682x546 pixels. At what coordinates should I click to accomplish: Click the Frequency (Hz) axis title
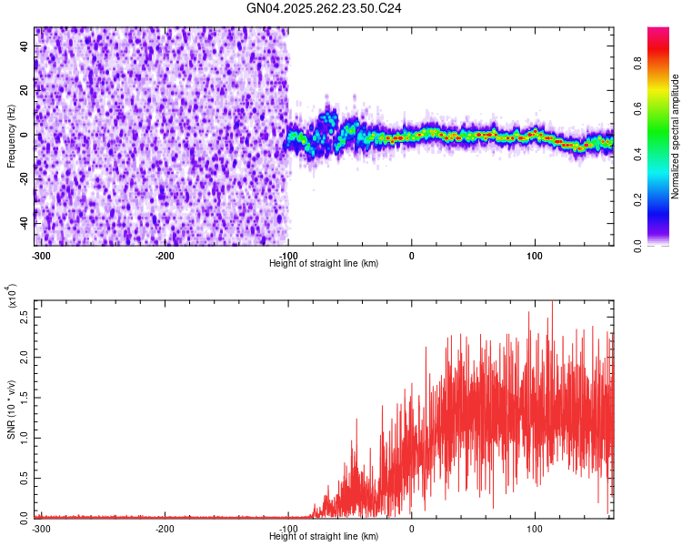point(12,136)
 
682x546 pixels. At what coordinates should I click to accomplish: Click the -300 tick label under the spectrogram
point(41,256)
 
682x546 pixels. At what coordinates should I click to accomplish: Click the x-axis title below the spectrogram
point(324,264)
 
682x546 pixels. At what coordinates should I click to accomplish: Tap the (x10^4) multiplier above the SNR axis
point(12,298)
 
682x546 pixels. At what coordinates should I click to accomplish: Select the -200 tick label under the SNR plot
point(165,529)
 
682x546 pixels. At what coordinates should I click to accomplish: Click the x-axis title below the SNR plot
point(324,537)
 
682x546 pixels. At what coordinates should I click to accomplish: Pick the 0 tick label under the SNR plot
point(411,529)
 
